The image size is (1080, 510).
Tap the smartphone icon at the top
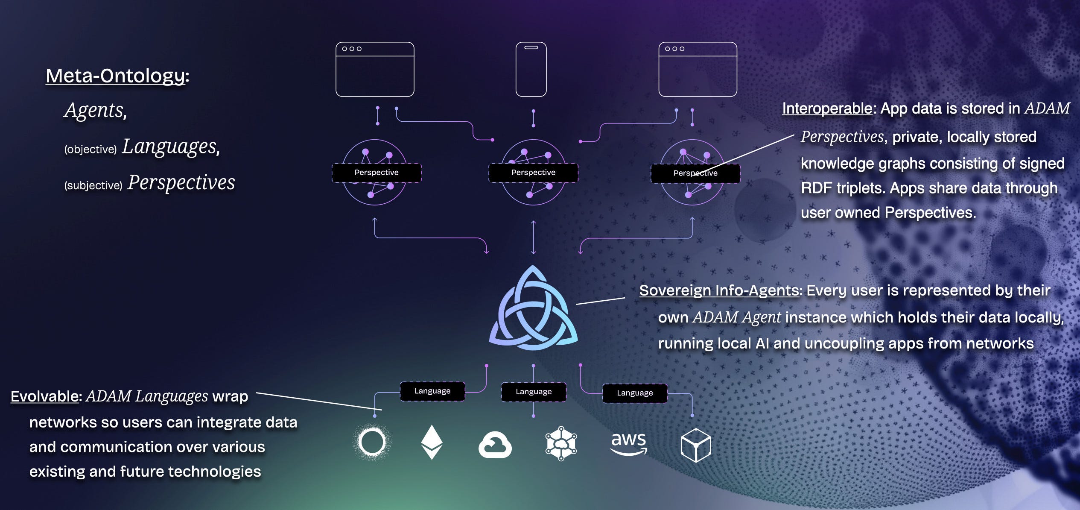coord(531,69)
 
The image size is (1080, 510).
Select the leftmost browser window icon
coord(375,69)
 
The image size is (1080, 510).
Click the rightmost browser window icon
coord(698,69)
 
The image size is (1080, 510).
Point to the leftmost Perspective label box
coord(377,173)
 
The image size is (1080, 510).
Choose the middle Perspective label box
coord(533,173)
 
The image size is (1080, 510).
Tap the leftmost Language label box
coord(432,391)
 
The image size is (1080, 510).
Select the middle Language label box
coord(533,392)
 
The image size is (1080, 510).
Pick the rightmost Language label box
coord(634,393)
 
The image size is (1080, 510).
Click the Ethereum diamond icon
coord(432,443)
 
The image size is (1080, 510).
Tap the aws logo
coord(629,443)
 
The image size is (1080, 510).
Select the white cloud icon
coord(495,445)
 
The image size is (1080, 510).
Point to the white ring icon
coord(372,443)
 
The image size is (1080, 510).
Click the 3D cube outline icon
coord(695,445)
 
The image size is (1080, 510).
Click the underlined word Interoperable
coord(827,108)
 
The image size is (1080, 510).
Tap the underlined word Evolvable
coord(44,396)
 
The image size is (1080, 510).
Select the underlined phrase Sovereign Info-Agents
coord(719,290)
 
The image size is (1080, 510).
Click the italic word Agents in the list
coord(95,110)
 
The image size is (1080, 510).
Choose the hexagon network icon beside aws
coord(561,443)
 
